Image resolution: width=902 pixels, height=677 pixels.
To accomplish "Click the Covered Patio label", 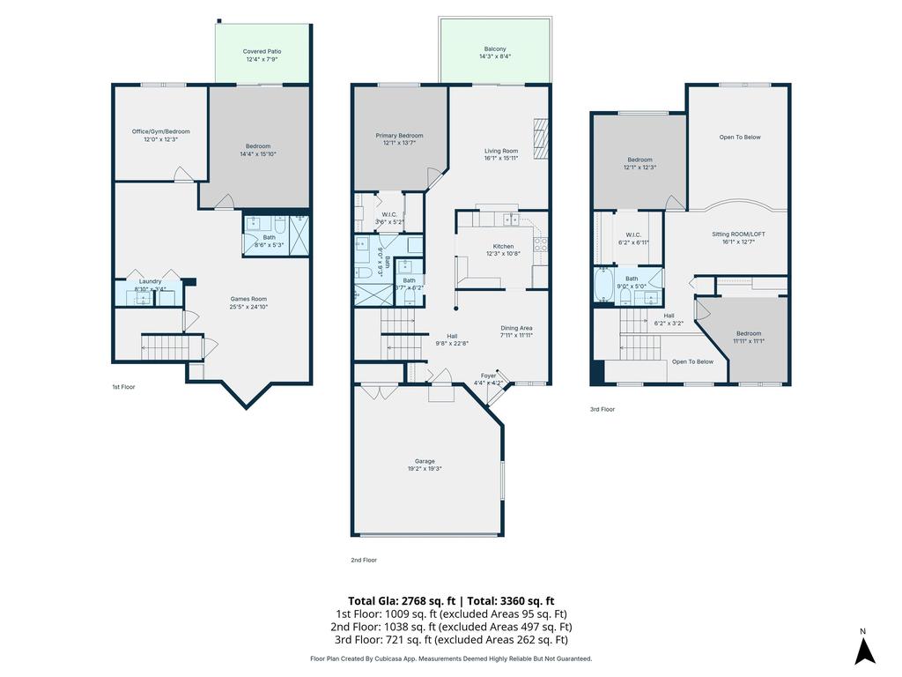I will point(262,52).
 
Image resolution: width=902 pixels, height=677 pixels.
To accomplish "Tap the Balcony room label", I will point(495,48).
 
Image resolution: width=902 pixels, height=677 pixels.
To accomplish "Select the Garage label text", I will point(425,461).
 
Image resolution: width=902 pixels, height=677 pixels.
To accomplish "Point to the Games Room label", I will point(248,299).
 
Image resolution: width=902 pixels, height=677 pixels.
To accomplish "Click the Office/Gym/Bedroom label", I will point(160,131).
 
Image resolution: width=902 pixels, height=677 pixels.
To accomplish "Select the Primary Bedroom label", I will point(399,136).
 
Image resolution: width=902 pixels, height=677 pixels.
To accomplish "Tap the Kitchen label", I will point(503,246).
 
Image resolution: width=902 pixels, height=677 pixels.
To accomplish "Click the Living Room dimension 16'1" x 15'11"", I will point(500,159).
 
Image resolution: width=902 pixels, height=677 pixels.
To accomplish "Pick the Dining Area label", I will point(516,328).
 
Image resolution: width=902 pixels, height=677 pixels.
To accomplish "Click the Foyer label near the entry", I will point(488,376).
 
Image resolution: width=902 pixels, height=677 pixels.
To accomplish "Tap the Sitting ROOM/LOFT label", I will point(738,234).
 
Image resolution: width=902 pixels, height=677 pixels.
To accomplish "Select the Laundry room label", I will point(150,281).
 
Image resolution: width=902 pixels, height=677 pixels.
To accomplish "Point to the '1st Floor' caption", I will point(123,387).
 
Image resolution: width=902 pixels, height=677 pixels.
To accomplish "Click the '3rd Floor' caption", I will point(603,409).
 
